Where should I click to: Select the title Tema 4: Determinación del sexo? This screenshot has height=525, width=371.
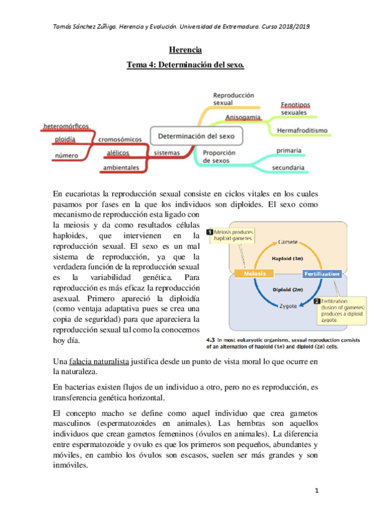(185, 64)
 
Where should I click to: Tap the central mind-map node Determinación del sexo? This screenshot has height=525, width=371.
(196, 136)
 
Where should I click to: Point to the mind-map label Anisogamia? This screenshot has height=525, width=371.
(243, 117)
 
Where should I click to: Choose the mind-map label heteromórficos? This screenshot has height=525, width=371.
(66, 127)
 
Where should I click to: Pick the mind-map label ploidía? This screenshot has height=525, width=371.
(66, 140)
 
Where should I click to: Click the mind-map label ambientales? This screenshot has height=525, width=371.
(121, 168)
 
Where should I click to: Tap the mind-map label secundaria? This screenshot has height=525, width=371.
(288, 168)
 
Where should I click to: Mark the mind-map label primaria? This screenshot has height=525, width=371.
(289, 150)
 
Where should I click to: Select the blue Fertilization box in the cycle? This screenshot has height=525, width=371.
(321, 274)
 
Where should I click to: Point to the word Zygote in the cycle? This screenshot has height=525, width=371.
(287, 306)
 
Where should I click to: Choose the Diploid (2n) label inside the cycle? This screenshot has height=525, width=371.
(287, 289)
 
